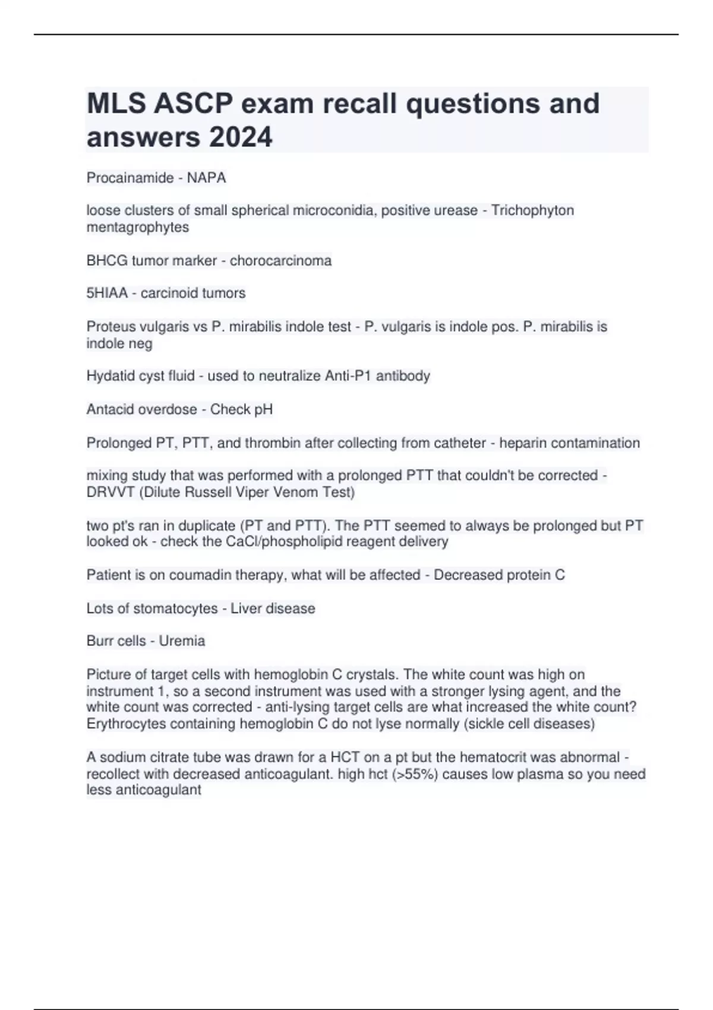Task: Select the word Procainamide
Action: (130, 178)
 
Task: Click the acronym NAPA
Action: (206, 178)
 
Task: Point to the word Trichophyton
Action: (532, 210)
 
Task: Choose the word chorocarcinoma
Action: (280, 261)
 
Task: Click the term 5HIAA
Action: (107, 293)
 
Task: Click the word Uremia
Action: (182, 641)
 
